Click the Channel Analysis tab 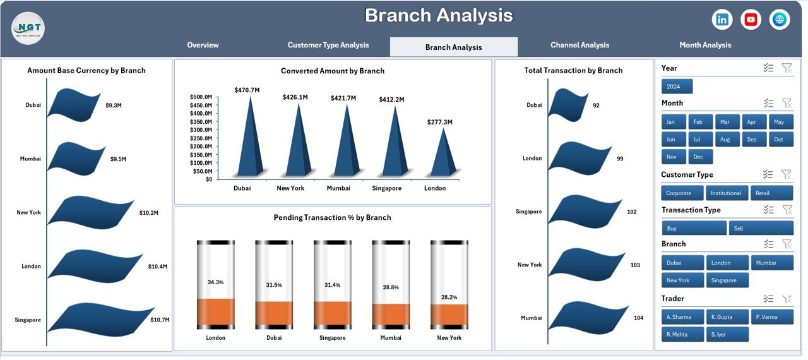(579, 45)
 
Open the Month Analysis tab (705, 45)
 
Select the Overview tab (203, 45)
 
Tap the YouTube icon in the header (751, 20)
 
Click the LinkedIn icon (722, 20)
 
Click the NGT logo (28, 28)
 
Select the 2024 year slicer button (677, 87)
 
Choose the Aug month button (724, 140)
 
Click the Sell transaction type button (761, 229)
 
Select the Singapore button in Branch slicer (727, 280)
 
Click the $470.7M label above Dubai (245, 90)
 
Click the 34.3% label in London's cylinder (215, 282)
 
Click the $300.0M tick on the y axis (201, 130)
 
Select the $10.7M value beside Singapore (160, 320)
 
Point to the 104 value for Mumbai (638, 318)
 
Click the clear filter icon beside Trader (787, 299)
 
